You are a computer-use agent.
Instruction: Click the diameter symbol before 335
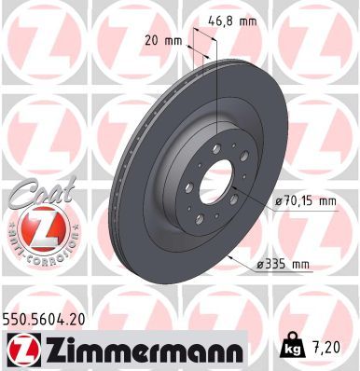click(x=263, y=266)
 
